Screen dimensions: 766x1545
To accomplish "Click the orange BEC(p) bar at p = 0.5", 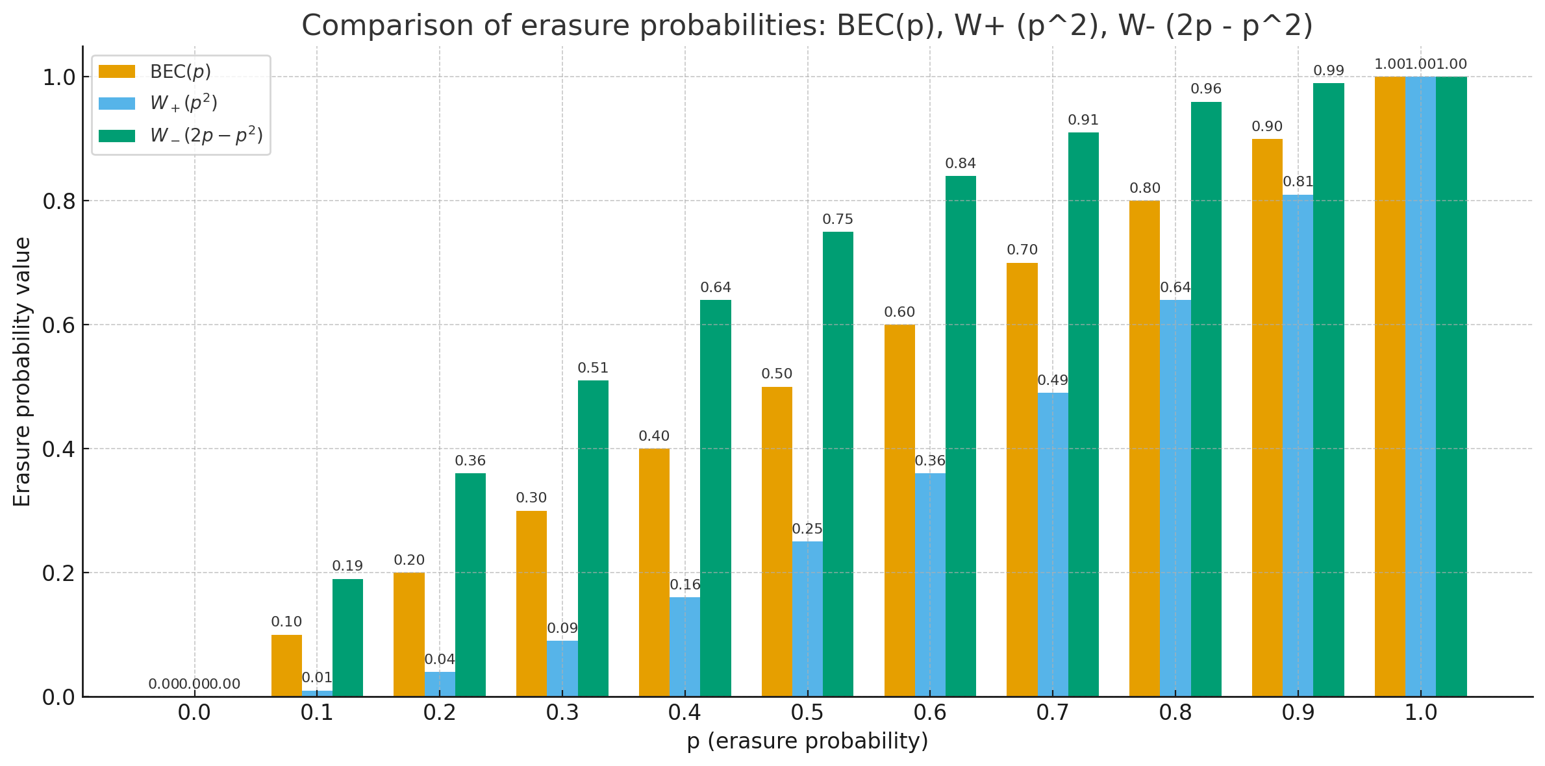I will click(x=777, y=541).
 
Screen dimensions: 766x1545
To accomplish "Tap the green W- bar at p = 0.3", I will click(x=593, y=538).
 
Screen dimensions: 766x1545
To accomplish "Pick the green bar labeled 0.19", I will click(x=347, y=637).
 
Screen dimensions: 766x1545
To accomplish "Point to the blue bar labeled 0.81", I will click(x=1298, y=445).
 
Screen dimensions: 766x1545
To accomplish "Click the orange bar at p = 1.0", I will click(x=1390, y=386).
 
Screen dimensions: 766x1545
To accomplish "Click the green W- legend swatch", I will click(x=117, y=136).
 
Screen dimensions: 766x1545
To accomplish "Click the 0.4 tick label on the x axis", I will click(x=685, y=713).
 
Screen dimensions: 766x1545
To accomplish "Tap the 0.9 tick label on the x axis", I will click(x=1298, y=713).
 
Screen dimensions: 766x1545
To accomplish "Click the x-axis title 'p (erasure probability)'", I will click(x=807, y=741).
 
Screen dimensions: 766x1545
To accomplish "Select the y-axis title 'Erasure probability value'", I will click(x=22, y=371).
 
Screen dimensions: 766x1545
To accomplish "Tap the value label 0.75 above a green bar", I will click(x=838, y=219).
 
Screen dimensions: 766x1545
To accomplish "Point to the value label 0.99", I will click(x=1329, y=71).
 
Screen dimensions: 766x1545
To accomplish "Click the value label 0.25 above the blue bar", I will click(x=807, y=529).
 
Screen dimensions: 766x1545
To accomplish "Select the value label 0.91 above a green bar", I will click(x=1083, y=120).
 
